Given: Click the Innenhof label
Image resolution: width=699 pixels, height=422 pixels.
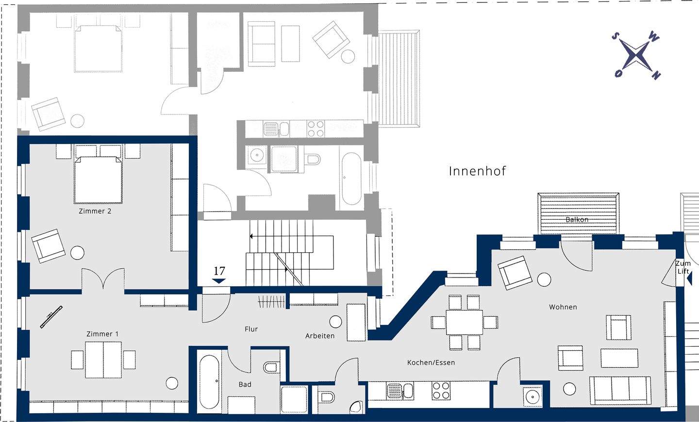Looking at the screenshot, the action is click(477, 171).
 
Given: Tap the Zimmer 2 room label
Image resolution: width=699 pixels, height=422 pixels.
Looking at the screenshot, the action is click(95, 211).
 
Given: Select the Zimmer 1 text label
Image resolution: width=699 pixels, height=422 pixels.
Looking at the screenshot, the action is click(102, 334).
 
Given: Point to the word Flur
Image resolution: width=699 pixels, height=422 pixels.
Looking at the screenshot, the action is click(251, 329).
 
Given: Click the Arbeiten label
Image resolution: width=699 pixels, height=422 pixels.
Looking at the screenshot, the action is click(320, 336).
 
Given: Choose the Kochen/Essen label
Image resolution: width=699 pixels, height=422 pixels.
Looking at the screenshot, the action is click(431, 362).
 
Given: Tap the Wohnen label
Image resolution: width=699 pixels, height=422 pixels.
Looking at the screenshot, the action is click(563, 307).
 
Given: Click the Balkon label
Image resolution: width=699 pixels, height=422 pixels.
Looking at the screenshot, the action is click(577, 220).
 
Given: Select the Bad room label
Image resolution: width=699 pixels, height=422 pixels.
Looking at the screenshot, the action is click(245, 385).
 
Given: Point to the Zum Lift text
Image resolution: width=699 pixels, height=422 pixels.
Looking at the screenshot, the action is click(683, 267).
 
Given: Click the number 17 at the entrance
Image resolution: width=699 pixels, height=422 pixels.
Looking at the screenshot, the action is click(219, 271).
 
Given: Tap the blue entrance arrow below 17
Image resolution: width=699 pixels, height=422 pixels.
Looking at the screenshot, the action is click(219, 281).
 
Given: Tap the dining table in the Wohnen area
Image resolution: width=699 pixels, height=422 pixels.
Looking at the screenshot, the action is click(464, 323).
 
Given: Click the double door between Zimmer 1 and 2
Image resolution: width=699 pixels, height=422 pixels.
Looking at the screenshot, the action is click(103, 278).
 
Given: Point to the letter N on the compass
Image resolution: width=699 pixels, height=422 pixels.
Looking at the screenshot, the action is click(656, 75).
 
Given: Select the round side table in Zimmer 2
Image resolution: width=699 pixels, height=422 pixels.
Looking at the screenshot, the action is click(77, 253).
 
